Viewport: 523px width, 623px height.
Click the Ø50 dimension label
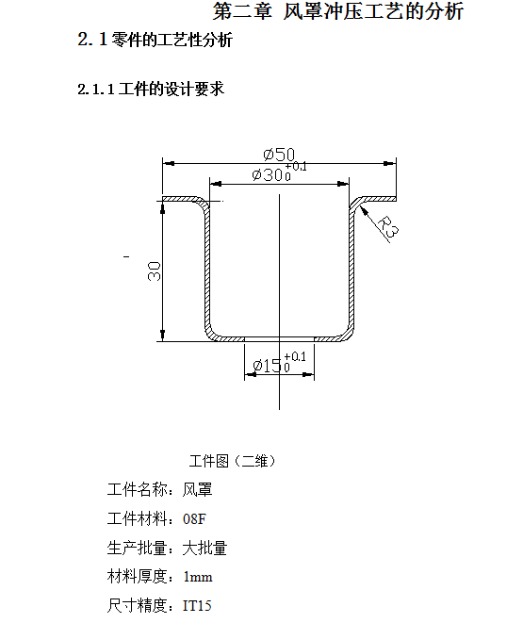click(279, 155)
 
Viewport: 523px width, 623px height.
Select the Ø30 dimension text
click(268, 174)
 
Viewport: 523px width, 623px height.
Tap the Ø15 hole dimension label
click(268, 366)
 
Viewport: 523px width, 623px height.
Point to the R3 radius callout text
click(387, 228)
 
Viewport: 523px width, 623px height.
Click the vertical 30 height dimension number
click(155, 271)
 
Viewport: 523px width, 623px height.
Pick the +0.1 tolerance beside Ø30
click(296, 166)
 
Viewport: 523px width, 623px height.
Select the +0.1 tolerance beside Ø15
click(295, 357)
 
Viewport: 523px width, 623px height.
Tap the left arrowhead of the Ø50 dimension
click(169, 163)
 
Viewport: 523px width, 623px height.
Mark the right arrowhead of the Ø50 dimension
click(389, 163)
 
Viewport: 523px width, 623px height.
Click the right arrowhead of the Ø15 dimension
click(308, 374)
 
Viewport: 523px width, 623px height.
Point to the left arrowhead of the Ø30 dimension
click(216, 184)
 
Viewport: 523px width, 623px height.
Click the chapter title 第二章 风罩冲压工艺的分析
click(338, 11)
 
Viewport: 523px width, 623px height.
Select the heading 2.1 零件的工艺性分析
click(155, 40)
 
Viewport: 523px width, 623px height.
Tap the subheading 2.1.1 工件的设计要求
click(151, 89)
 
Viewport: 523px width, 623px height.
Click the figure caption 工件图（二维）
click(233, 461)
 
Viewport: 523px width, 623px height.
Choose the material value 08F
click(194, 519)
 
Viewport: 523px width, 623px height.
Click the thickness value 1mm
click(198, 577)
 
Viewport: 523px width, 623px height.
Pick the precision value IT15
click(197, 605)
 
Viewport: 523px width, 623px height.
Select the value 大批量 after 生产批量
click(204, 548)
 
